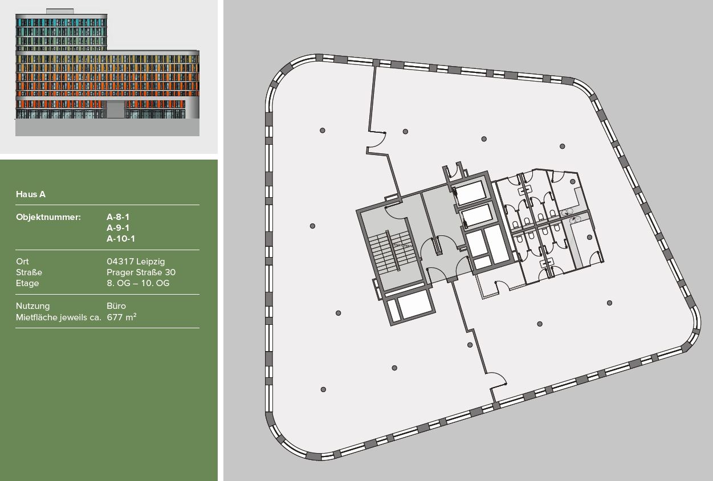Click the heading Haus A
(x=31, y=194)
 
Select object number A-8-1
(x=118, y=217)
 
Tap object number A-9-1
(x=118, y=227)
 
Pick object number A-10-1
(x=121, y=239)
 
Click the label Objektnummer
(x=48, y=217)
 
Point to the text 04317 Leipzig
(x=136, y=261)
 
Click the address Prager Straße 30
(x=141, y=272)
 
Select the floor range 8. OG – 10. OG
(x=138, y=283)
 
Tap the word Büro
(x=116, y=305)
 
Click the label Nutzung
(x=32, y=305)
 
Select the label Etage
(x=27, y=283)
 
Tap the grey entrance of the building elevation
(x=116, y=110)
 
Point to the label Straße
(x=28, y=272)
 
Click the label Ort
(x=22, y=261)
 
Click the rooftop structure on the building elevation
(x=60, y=11)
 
